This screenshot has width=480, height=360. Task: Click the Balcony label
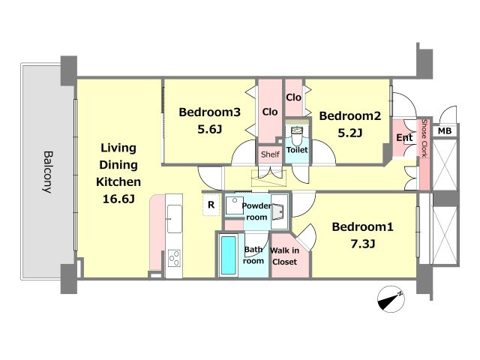pyautogui.click(x=47, y=172)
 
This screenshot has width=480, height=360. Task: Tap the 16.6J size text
pyautogui.click(x=118, y=199)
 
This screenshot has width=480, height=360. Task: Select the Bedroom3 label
pyautogui.click(x=210, y=112)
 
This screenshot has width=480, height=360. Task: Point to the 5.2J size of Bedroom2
pyautogui.click(x=350, y=133)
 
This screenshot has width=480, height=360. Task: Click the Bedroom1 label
pyautogui.click(x=362, y=226)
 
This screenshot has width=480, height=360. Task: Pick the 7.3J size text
pyautogui.click(x=363, y=244)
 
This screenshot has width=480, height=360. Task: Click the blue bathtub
pyautogui.click(x=228, y=255)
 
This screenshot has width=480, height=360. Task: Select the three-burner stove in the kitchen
pyautogui.click(x=175, y=258)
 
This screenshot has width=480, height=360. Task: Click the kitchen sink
pyautogui.click(x=175, y=218)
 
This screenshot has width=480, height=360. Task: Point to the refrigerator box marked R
pyautogui.click(x=211, y=205)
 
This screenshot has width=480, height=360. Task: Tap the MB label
pyautogui.click(x=445, y=131)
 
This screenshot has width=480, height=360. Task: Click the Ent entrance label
pyautogui.click(x=404, y=138)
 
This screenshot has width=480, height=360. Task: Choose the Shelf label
pyautogui.click(x=270, y=154)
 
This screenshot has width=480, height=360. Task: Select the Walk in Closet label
pyautogui.click(x=284, y=256)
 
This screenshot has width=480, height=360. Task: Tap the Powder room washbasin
pyautogui.click(x=278, y=211)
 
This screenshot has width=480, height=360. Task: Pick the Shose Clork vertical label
pyautogui.click(x=424, y=138)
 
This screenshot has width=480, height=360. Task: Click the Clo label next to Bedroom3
pyautogui.click(x=270, y=112)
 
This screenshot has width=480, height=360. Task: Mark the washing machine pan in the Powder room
pyautogui.click(x=235, y=205)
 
